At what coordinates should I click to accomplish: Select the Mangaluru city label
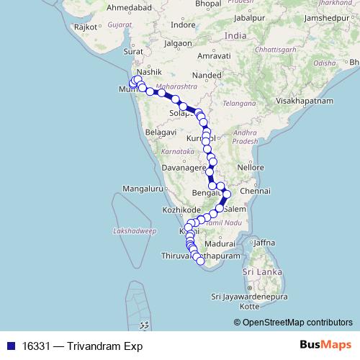(143, 189)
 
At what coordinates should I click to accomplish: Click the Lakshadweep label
(135, 231)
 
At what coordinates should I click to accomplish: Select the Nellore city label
(252, 167)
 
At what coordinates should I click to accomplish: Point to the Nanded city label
(210, 73)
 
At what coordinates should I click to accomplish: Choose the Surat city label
(133, 52)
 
